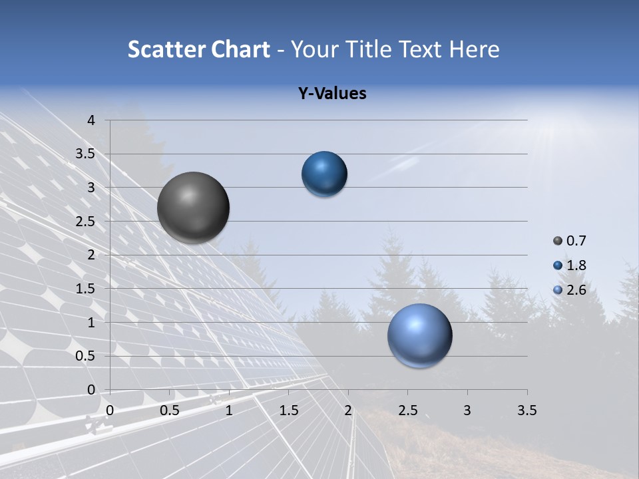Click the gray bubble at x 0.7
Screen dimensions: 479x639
(194, 208)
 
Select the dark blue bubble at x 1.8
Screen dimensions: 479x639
(324, 174)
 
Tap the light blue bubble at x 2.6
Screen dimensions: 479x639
(419, 336)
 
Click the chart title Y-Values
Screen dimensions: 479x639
(332, 94)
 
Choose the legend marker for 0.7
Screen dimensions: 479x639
(558, 241)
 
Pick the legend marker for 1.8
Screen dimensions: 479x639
(558, 265)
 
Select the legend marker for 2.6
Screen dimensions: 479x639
(558, 290)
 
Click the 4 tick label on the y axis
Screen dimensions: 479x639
(91, 120)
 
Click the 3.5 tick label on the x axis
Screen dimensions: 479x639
(527, 410)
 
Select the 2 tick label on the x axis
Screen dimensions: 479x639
(348, 410)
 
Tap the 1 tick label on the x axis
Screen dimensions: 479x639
(229, 410)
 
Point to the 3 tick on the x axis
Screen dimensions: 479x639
(467, 410)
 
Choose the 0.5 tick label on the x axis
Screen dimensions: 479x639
(170, 410)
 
